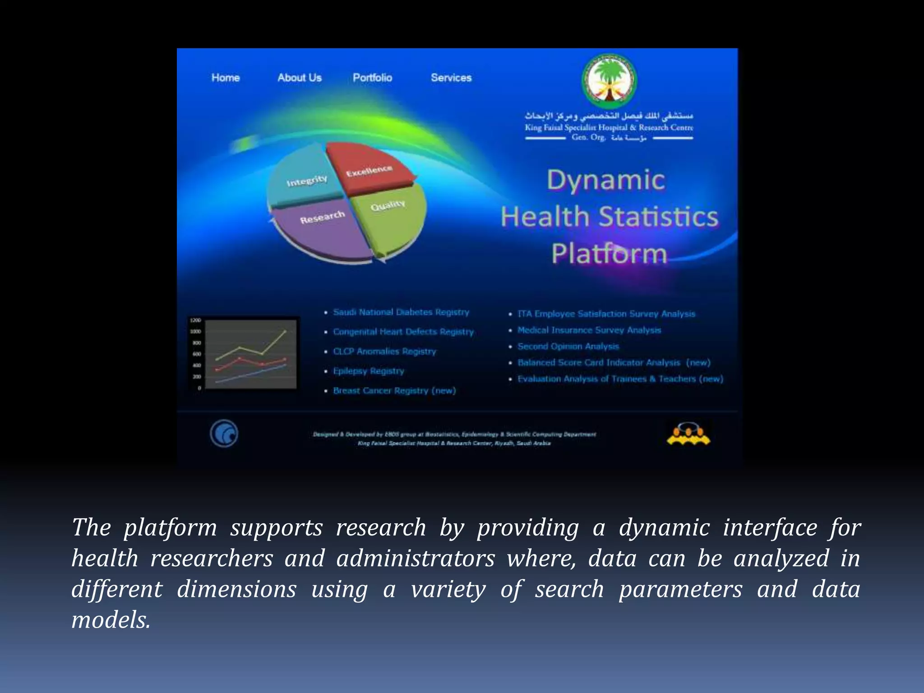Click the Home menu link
226,78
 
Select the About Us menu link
300,78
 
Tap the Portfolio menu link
372,78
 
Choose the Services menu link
451,78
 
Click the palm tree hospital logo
609,82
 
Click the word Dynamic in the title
606,180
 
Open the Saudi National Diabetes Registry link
401,312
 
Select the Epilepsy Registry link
369,371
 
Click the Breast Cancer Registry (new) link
394,391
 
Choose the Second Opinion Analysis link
568,346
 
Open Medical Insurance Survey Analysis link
589,330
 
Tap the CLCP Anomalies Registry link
384,351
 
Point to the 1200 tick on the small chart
195,320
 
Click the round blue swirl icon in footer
224,434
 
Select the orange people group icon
688,434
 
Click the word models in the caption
111,620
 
